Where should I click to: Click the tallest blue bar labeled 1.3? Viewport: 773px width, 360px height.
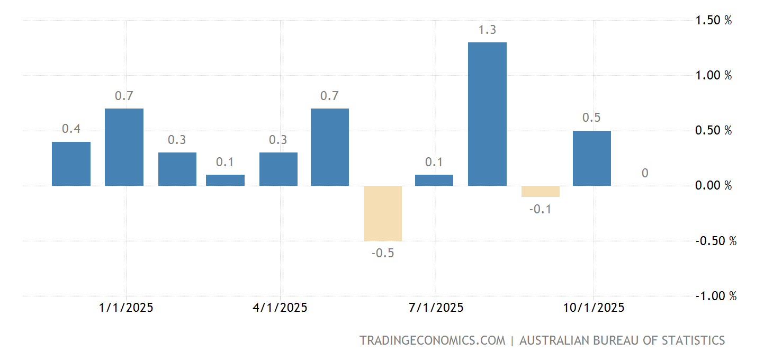tap(487, 114)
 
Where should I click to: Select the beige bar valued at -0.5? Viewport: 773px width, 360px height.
tap(383, 213)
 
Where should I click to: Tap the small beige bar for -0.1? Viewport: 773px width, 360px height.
tap(541, 191)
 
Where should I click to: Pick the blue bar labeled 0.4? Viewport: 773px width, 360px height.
tap(71, 164)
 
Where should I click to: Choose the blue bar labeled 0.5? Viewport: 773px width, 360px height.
tap(592, 158)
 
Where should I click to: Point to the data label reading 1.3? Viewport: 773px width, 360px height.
tap(487, 30)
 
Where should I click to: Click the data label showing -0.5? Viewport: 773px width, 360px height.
tap(383, 253)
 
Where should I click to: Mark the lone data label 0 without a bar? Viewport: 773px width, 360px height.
tap(645, 173)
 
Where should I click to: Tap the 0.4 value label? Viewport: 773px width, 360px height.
tap(71, 129)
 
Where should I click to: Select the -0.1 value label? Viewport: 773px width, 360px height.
tap(541, 209)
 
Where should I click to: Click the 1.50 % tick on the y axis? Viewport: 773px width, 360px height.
tap(713, 21)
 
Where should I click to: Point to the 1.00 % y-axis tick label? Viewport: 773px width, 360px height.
tap(713, 76)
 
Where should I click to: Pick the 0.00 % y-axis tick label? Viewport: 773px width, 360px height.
tap(713, 186)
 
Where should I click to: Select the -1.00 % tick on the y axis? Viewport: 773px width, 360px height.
tap(715, 296)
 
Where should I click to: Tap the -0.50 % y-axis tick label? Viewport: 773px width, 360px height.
tap(715, 241)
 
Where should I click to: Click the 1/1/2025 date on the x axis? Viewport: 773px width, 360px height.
tap(126, 308)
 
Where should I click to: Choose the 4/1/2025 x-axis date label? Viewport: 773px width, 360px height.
tap(280, 308)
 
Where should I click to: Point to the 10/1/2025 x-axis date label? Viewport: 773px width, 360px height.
tap(593, 308)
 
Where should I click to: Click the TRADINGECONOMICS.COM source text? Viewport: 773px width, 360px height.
tap(432, 340)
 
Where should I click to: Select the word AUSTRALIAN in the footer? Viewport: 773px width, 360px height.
tap(553, 340)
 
